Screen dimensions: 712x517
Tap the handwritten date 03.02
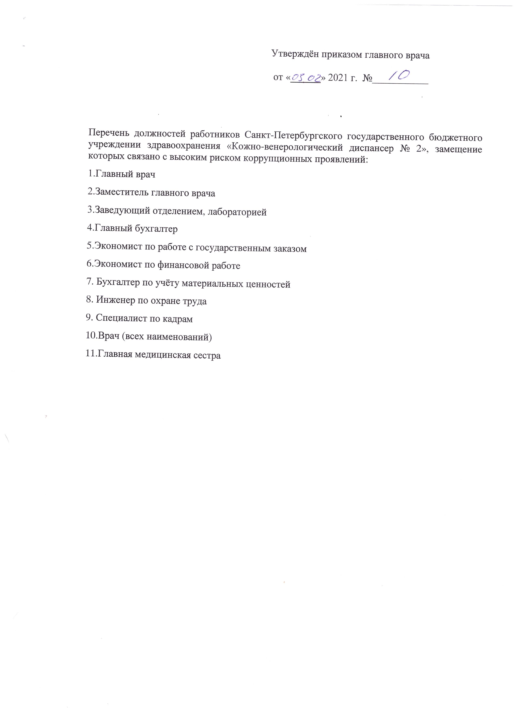[305, 77]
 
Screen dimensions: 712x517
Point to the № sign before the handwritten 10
[367, 78]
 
